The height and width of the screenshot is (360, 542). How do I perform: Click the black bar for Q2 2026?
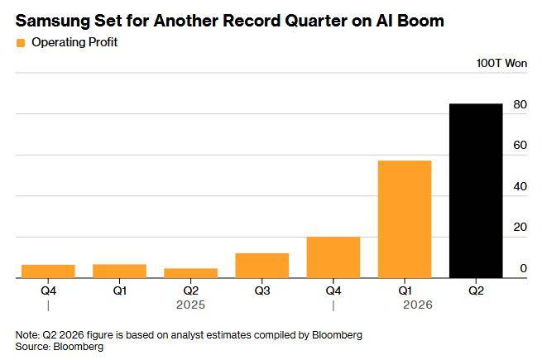476,190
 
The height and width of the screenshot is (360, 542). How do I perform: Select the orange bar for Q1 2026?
405,219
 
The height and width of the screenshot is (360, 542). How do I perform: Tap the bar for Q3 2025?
262,266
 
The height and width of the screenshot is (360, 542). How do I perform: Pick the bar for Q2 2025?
191,273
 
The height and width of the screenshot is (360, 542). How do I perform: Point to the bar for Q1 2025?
120,271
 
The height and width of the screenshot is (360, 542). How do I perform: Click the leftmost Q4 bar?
48,271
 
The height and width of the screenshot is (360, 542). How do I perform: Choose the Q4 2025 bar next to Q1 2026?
333,257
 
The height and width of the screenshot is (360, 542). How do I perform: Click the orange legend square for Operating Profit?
21,43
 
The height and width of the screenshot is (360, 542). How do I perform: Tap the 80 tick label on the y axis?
520,104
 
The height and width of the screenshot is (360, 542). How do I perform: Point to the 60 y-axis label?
520,146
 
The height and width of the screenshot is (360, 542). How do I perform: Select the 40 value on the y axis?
520,186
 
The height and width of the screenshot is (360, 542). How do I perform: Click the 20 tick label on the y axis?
520,228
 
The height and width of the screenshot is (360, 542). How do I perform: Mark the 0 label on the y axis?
524,268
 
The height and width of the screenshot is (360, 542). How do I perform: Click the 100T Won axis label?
501,63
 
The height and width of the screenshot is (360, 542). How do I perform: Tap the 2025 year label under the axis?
191,305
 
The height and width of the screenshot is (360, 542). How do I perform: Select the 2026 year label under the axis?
418,305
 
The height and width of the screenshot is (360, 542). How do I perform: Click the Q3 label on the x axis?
262,290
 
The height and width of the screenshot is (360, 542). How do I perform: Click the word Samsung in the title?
53,21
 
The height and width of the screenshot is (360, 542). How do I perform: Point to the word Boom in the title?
420,21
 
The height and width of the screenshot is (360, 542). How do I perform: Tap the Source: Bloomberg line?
59,347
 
